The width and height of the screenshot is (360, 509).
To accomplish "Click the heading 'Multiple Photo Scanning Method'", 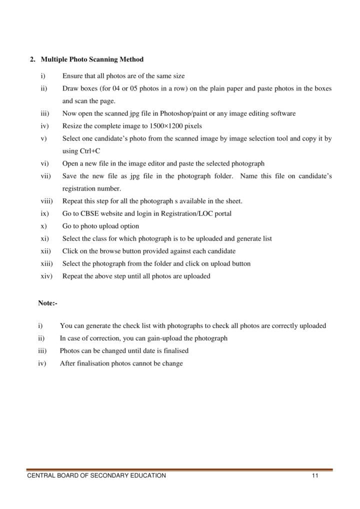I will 92,59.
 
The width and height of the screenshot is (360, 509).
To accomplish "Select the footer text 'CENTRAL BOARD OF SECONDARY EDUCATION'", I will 96,475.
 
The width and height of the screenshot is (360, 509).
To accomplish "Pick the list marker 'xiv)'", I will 47,276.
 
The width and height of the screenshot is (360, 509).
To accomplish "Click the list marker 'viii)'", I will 47,201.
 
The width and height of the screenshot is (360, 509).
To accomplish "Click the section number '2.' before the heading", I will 32,59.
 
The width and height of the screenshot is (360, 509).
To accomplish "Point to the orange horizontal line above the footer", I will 180,469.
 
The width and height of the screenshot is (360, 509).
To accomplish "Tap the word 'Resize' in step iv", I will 72,126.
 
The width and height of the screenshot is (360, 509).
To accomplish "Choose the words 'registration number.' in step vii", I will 91,188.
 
